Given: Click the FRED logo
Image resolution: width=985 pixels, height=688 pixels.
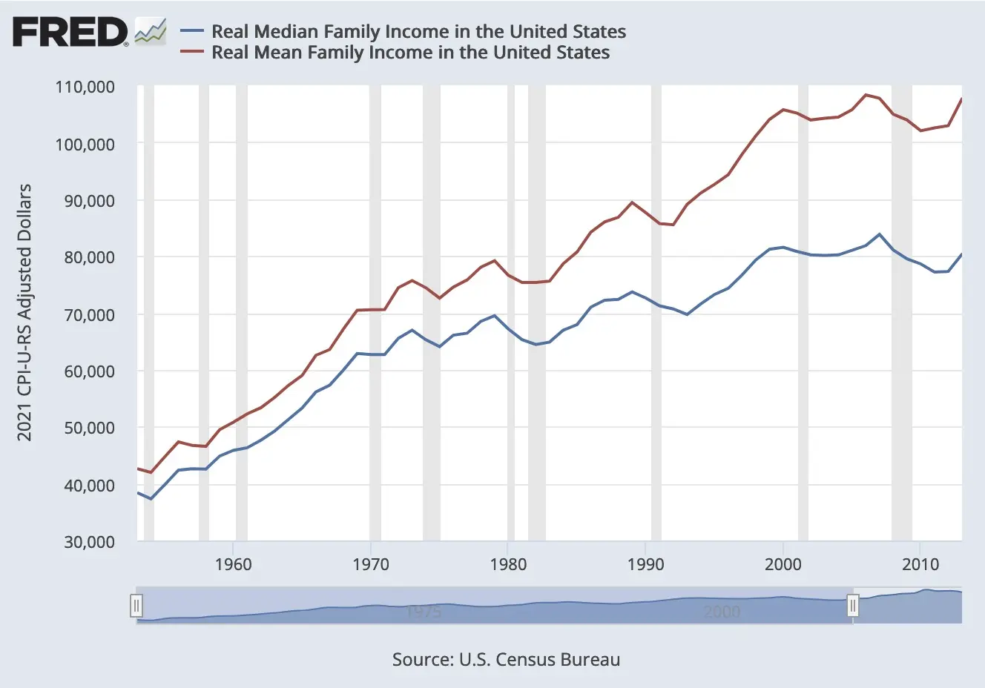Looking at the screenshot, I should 70,32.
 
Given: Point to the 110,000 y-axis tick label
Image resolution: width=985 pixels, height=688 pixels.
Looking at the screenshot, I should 85,87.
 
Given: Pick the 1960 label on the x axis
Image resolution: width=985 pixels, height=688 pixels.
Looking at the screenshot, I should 233,564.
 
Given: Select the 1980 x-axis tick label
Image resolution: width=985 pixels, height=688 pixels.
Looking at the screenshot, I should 508,564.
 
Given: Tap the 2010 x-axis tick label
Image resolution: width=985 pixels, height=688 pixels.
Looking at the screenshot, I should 920,564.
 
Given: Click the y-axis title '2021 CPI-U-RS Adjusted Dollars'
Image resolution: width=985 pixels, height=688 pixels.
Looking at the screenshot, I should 25,312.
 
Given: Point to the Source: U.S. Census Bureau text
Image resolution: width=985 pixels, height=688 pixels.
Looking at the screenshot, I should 506,660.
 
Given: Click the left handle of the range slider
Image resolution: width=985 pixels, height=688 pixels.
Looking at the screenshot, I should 136,606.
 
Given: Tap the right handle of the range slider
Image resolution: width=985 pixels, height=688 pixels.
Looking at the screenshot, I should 853,606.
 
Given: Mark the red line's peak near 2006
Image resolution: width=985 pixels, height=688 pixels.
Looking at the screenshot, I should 866,95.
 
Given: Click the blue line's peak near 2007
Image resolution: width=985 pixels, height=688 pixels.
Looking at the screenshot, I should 879,234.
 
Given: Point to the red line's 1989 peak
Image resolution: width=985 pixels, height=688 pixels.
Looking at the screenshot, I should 632,202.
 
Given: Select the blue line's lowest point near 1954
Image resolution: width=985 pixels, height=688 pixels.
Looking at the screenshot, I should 151,499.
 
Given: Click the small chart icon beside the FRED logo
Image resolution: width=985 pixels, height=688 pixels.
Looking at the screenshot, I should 150,32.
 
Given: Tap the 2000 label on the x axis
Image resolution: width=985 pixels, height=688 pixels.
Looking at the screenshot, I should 783,564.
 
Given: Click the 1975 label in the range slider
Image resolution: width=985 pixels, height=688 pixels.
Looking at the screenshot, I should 424,612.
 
